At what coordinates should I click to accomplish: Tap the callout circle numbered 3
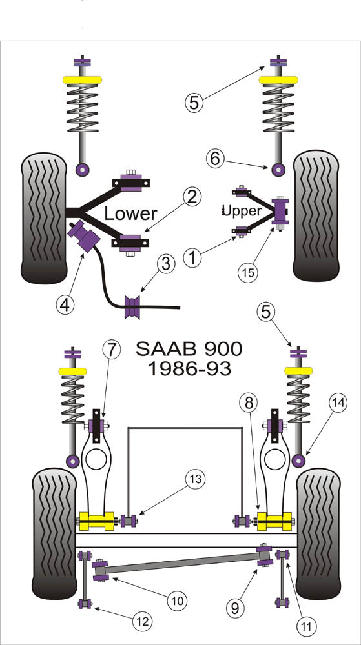167,263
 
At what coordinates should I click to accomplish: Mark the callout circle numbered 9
237,606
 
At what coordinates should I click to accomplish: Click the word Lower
131,213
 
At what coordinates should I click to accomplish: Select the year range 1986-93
189,370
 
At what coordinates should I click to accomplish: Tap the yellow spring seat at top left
82,80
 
